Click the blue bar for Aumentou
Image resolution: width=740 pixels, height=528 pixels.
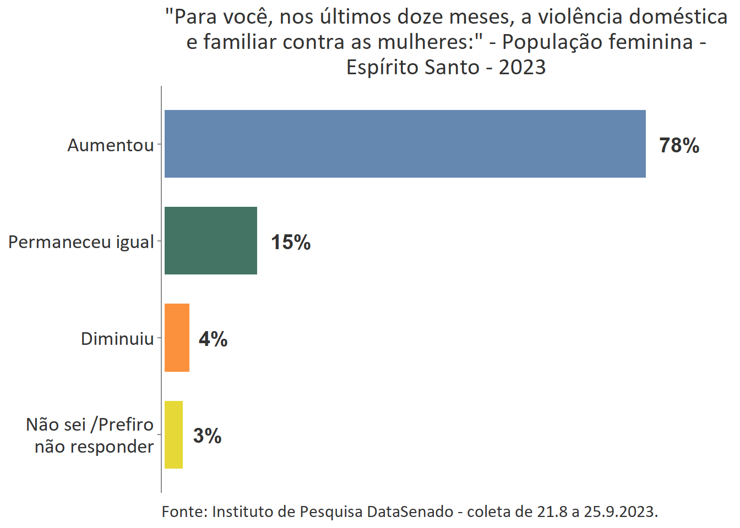(x=405, y=144)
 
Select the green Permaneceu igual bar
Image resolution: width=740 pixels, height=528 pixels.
(x=210, y=240)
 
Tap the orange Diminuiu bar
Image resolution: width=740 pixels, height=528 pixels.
(x=177, y=338)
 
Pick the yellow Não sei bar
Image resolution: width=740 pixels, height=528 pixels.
(x=173, y=435)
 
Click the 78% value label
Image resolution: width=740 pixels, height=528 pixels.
(x=679, y=146)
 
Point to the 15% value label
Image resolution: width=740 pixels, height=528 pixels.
(x=291, y=243)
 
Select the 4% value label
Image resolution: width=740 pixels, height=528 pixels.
(x=213, y=339)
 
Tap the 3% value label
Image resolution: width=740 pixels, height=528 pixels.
(x=207, y=436)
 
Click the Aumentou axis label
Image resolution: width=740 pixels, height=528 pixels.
(x=111, y=145)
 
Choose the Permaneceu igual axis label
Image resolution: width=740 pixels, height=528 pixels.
(x=81, y=242)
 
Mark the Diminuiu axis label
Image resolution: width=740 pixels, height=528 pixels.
(x=117, y=339)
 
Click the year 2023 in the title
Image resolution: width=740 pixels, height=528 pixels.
(x=522, y=67)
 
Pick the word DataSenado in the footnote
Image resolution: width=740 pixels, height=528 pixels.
(x=410, y=512)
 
